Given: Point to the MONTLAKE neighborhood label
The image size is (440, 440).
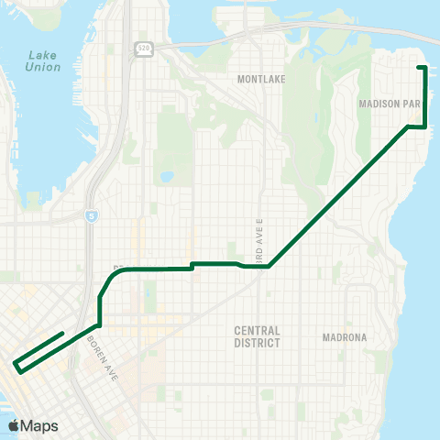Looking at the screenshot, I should pyautogui.click(x=262, y=80).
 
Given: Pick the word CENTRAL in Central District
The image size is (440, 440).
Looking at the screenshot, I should pyautogui.click(x=257, y=331).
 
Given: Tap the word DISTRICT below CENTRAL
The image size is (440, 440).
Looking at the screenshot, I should pyautogui.click(x=257, y=344).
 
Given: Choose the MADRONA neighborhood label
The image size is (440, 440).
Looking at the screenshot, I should pyautogui.click(x=344, y=337).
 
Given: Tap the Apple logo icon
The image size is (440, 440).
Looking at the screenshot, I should pyautogui.click(x=16, y=424).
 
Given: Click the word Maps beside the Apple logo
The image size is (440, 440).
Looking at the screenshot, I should pyautogui.click(x=42, y=424).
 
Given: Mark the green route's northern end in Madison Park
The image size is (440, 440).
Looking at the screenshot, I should pyautogui.click(x=420, y=68).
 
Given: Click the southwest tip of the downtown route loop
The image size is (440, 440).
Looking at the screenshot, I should pyautogui.click(x=16, y=365).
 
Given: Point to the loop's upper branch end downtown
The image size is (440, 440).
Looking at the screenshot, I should pyautogui.click(x=61, y=334).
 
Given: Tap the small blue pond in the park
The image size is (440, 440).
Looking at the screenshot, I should pyautogui.click(x=166, y=177).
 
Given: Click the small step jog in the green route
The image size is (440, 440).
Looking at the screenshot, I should pyautogui.click(x=191, y=267).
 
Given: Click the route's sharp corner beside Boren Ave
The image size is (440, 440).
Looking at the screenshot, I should pyautogui.click(x=98, y=324).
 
